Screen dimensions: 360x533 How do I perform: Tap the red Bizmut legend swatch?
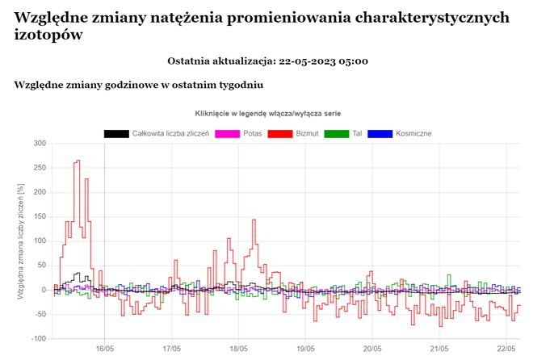tap(279, 132)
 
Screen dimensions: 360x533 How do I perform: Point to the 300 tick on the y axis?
tap(38, 144)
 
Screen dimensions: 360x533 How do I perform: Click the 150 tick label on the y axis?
tap(38, 216)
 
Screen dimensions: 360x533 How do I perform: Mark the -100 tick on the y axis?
tap(36, 338)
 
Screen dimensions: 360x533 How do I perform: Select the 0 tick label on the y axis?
tap(43, 290)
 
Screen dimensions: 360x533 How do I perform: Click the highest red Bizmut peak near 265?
tap(78, 161)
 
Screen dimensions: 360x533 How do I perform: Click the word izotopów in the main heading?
tap(48, 35)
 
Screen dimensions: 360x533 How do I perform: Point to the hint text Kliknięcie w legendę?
tap(234, 114)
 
